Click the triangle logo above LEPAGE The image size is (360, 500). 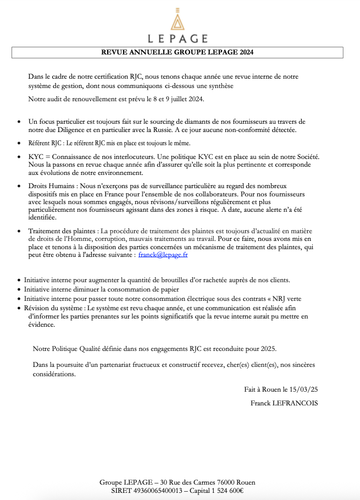coord(177,20)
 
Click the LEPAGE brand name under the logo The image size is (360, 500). coord(178,39)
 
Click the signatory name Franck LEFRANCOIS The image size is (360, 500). coord(284,403)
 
